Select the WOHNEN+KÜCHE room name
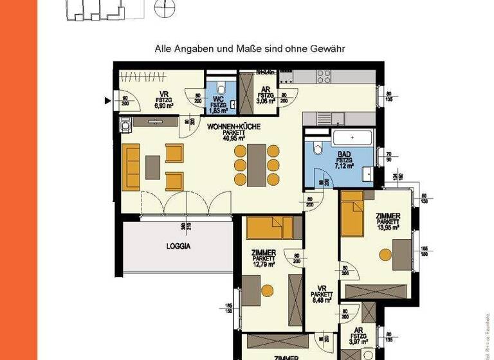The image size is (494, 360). pyautogui.click(x=233, y=127)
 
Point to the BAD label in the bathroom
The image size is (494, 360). pyautogui.click(x=344, y=154)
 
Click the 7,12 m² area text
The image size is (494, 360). pyautogui.click(x=344, y=165)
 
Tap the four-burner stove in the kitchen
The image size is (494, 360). pyautogui.click(x=324, y=76)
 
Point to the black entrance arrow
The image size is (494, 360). pyautogui.click(x=109, y=100)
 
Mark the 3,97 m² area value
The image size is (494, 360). pyautogui.click(x=358, y=341)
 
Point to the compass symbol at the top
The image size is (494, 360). pyautogui.click(x=165, y=8)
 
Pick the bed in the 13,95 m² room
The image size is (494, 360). pyautogui.click(x=354, y=214)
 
